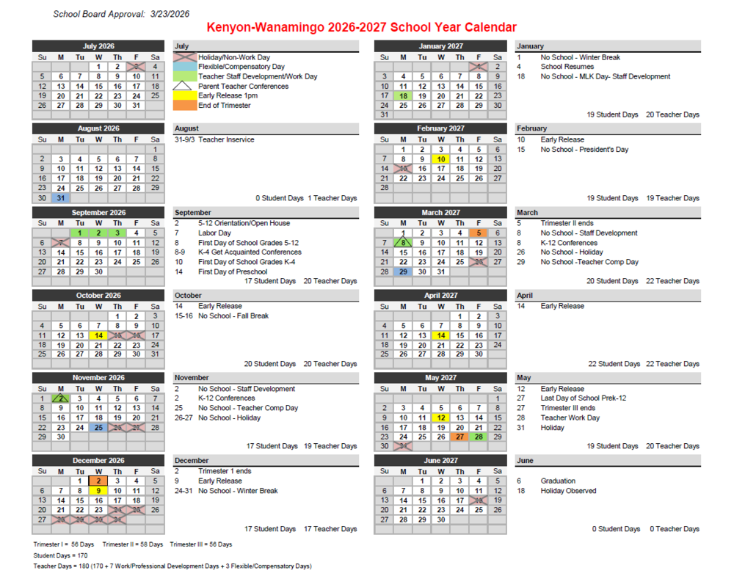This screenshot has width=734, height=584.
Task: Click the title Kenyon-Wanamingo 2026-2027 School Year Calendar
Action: pos(361,27)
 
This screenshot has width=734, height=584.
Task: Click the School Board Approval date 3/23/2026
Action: pos(170,14)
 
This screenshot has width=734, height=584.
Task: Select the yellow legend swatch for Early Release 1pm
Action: pos(186,95)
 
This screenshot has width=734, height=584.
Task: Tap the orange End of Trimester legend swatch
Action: pos(186,105)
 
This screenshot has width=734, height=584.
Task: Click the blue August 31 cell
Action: pos(61,197)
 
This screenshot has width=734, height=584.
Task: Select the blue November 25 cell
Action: pos(98,427)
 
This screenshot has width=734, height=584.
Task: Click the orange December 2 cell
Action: pos(98,481)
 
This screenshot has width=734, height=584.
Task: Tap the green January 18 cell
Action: pos(403,95)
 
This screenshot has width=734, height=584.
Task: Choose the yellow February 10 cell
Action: pos(440,158)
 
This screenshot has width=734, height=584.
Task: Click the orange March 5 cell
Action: pos(479,233)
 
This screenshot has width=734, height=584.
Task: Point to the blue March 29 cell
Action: pos(403,271)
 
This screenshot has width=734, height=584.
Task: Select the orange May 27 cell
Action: pos(459,437)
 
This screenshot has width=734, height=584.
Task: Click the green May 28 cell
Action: pos(479,437)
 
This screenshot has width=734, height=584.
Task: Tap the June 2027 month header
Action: pos(440,461)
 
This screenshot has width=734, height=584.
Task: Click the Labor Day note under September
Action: pos(214,233)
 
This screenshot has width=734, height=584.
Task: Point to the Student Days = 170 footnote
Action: pos(60,555)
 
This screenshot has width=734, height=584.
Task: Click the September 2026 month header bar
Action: pos(98,213)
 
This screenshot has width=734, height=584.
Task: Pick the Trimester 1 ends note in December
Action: pos(225,472)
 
